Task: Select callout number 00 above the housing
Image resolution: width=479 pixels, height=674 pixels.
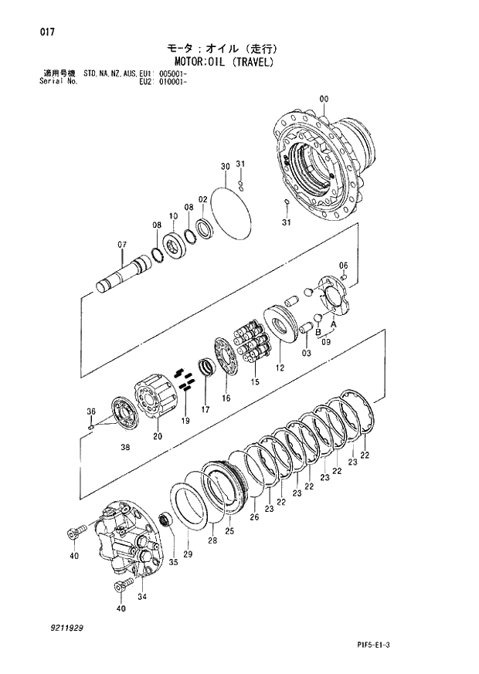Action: tap(323, 98)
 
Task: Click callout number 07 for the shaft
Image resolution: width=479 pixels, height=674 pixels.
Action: tap(122, 246)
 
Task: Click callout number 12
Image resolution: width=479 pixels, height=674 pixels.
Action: tap(279, 369)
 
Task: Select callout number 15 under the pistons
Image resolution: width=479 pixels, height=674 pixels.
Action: tap(254, 381)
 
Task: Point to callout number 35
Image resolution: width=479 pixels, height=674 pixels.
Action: tap(173, 562)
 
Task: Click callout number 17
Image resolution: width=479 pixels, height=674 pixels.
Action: tap(206, 408)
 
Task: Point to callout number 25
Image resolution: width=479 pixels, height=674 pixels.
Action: tap(229, 530)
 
